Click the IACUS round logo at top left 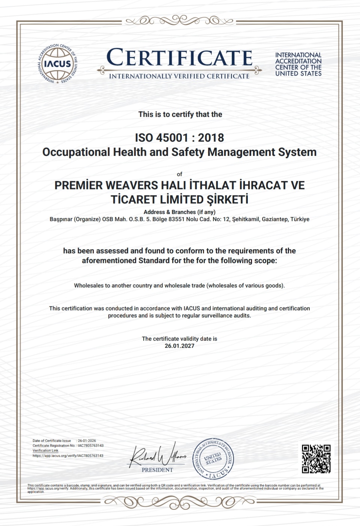point(58,64)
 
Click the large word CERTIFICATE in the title point(179,58)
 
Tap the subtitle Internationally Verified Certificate point(179,76)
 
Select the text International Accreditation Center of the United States point(298,64)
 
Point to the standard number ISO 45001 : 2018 point(179,138)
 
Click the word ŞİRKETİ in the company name point(228,199)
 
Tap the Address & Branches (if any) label point(179,212)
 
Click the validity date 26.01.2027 point(179,346)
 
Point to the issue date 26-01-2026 point(87,441)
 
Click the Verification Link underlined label point(45,451)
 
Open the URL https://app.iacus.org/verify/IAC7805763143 point(68,456)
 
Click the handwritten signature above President point(157,455)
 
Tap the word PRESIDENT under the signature point(157,470)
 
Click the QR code point(316,459)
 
